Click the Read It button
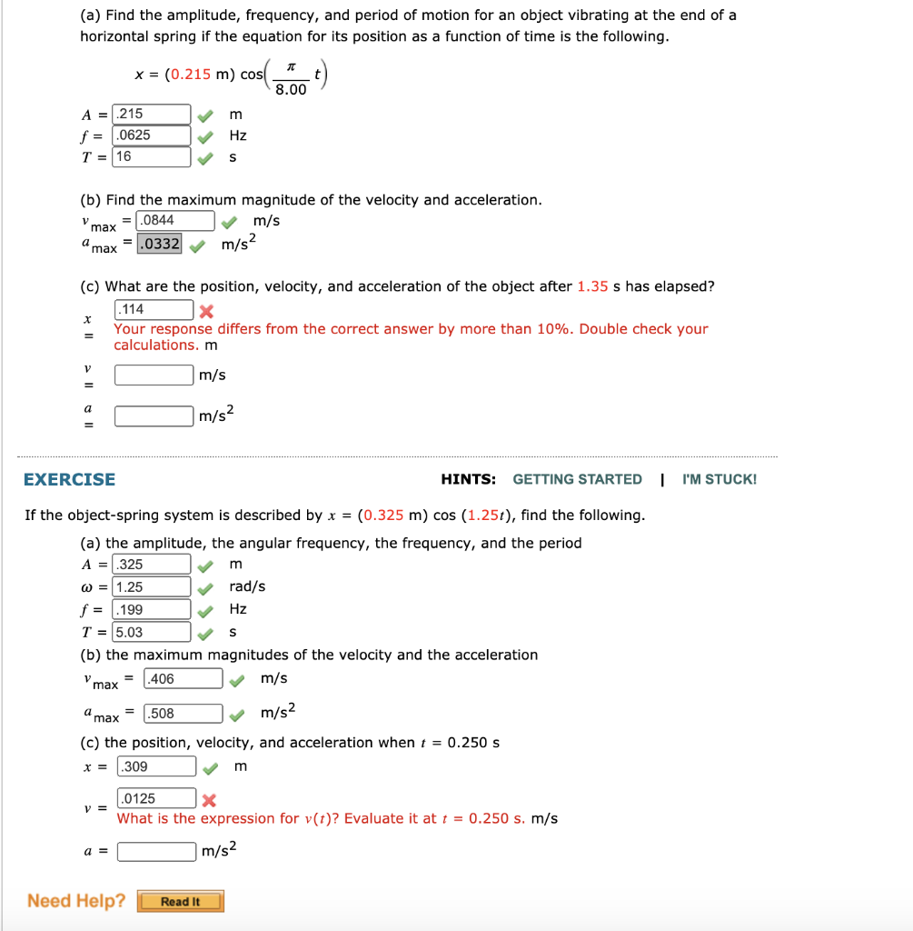[x=180, y=902]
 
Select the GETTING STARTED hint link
[x=577, y=479]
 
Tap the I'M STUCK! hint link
[x=719, y=479]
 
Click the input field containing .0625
[x=152, y=135]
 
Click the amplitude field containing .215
[x=152, y=114]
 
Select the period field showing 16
[x=152, y=156]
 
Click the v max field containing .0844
[x=174, y=220]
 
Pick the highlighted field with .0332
[x=159, y=243]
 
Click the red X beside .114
[x=206, y=310]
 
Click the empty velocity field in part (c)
[x=154, y=375]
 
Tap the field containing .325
[x=152, y=565]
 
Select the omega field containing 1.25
[x=152, y=587]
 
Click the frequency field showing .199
[x=152, y=610]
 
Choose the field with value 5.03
[x=152, y=632]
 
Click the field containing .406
[x=183, y=678]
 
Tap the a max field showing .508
[x=183, y=714]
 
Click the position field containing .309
[x=156, y=766]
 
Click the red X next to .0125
[x=209, y=800]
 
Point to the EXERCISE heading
[x=70, y=479]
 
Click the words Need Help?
[x=76, y=901]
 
